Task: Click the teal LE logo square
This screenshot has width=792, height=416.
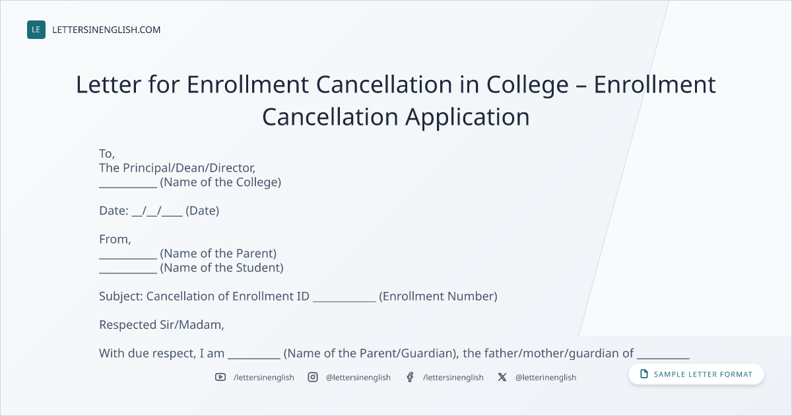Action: (x=36, y=30)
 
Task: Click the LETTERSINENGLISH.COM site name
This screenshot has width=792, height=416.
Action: (x=106, y=30)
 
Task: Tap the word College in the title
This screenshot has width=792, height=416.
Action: (x=527, y=86)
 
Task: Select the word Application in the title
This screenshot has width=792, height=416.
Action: (x=467, y=118)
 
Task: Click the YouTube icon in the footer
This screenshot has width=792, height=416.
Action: (x=220, y=377)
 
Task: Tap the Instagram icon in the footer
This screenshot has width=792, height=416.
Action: (x=313, y=377)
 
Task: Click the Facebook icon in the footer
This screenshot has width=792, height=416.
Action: (x=410, y=377)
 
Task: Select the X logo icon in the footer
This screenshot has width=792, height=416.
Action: (x=502, y=377)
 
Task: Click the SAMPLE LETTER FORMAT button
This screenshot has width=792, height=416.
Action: (x=696, y=374)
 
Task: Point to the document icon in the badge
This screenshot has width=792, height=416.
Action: (x=644, y=374)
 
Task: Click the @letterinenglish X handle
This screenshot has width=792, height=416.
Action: (x=546, y=378)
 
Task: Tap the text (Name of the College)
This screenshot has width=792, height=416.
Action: (x=220, y=182)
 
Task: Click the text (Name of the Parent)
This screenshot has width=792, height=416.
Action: (x=218, y=254)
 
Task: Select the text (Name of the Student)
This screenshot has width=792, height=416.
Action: (x=222, y=268)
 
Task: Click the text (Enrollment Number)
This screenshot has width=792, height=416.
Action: (x=438, y=296)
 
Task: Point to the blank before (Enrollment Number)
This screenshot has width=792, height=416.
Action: (x=345, y=301)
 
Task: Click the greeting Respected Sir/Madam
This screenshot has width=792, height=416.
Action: (x=162, y=325)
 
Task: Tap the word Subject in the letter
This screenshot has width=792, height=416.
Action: (x=121, y=296)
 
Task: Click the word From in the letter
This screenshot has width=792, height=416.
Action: (x=115, y=240)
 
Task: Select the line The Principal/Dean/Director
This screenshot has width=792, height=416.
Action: (x=177, y=168)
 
